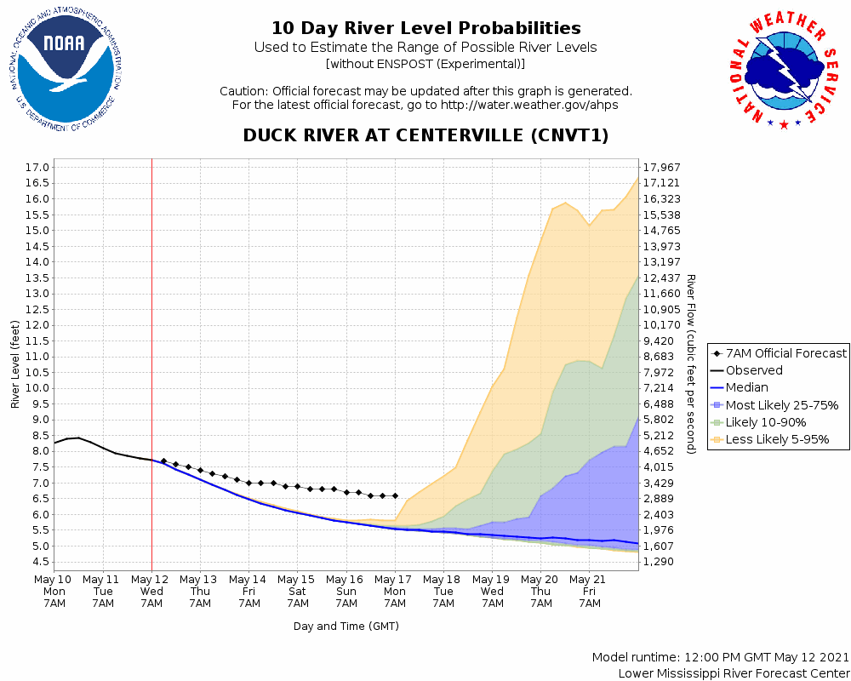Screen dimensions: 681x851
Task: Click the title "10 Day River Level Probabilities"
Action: click(425, 28)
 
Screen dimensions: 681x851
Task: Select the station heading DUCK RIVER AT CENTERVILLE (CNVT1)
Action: click(425, 135)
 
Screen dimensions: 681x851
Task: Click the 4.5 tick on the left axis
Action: click(38, 562)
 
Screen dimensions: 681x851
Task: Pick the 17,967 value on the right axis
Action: click(664, 167)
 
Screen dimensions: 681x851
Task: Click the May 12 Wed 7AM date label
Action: click(151, 591)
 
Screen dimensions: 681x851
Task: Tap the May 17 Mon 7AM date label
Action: click(395, 591)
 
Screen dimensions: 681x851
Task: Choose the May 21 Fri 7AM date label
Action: click(590, 591)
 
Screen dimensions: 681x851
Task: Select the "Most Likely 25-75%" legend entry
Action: click(781, 405)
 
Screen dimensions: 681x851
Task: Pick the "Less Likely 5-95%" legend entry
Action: click(777, 440)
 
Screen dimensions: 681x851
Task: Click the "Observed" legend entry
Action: click(753, 370)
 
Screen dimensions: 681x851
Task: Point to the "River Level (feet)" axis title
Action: click(14, 364)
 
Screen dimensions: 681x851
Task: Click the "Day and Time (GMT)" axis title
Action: click(346, 627)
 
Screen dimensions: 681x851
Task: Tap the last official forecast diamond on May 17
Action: click(395, 495)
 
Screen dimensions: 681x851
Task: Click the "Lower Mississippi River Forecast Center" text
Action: click(734, 673)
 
